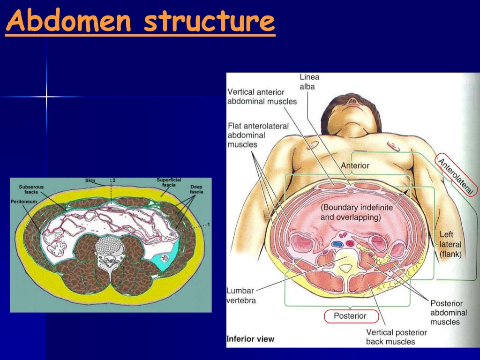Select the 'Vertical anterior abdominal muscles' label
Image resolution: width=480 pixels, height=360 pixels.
tap(262, 96)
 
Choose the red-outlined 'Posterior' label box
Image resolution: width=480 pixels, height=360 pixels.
tap(350, 316)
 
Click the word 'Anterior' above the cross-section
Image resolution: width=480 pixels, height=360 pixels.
tap(355, 165)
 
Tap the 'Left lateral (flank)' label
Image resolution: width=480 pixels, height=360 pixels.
tap(450, 244)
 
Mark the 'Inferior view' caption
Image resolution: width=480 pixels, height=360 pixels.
tap(250, 339)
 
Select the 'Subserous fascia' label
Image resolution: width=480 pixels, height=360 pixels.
tap(31, 189)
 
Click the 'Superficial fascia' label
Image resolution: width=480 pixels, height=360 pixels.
tap(166, 183)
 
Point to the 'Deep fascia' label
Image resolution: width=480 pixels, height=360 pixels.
tap(196, 189)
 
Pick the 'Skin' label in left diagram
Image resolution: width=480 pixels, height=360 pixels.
tap(90, 180)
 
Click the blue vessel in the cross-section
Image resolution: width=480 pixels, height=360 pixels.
tap(337, 244)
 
